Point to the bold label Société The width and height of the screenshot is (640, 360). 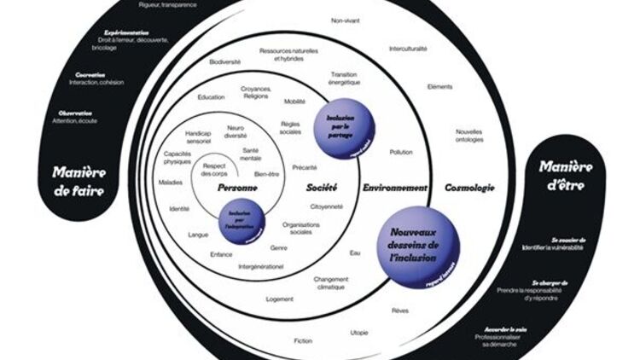tap(323, 187)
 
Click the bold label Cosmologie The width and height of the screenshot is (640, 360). tap(470, 187)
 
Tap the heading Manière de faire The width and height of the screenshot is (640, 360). tap(78, 181)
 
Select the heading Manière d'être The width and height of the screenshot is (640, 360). tap(566, 174)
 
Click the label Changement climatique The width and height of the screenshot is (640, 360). tap(332, 283)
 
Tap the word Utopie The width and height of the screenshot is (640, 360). tap(359, 331)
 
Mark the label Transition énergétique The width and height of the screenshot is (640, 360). tap(345, 78)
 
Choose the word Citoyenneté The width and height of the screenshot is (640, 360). tap(327, 206)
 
